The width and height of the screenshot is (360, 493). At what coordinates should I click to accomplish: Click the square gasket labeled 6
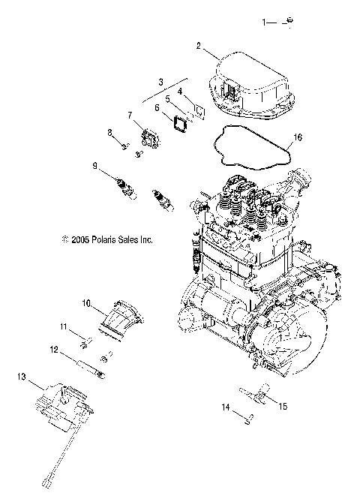click(181, 123)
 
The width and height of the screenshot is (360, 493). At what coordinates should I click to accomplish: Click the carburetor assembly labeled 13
click(63, 409)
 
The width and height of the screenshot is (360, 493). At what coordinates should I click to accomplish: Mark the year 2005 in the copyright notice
click(80, 240)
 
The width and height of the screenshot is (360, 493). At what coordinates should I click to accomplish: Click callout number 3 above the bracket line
click(160, 80)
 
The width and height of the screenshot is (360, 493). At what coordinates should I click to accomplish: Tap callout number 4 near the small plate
click(179, 91)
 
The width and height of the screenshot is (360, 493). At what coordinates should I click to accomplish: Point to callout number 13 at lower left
click(21, 376)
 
